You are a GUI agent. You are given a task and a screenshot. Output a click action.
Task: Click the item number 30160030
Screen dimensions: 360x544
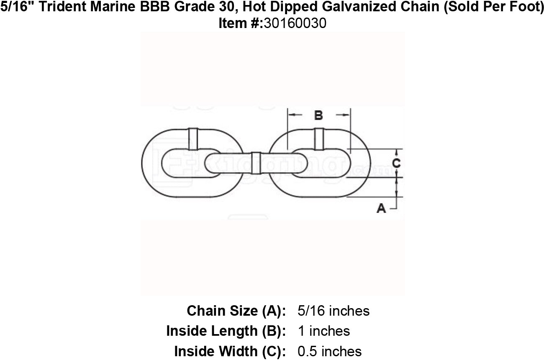[295, 23]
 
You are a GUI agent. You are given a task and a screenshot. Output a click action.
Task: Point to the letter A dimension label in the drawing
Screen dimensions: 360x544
[381, 208]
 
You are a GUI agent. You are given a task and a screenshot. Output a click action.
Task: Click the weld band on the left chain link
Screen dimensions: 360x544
[193, 139]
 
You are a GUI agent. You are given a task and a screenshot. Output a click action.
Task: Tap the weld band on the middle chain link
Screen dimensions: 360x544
[255, 163]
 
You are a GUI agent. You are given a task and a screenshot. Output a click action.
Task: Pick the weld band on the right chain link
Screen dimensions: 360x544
[319, 139]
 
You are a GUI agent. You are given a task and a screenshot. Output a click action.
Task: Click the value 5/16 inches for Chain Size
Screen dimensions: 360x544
[333, 311]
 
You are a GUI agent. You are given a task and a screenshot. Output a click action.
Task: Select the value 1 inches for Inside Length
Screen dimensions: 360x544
[324, 331]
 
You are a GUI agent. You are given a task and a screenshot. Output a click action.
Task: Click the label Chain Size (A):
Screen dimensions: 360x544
[236, 311]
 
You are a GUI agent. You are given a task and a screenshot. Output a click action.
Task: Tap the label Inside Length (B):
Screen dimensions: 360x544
[226, 331]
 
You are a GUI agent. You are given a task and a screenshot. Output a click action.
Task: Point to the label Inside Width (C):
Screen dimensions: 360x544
[230, 351]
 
